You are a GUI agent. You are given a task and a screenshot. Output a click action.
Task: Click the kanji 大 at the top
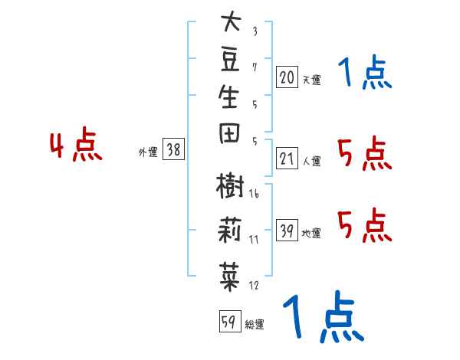[231, 21]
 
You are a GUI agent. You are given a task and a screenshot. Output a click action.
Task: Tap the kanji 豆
[230, 59]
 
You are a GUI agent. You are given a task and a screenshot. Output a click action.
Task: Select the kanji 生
[229, 97]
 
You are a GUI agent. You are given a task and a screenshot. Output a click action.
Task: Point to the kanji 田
[229, 133]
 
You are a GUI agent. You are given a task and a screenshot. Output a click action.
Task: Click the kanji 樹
[230, 186]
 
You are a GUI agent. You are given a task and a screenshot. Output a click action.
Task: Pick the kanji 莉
[229, 230]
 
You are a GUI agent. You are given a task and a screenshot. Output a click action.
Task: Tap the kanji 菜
[229, 277]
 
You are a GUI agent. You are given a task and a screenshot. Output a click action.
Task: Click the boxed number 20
[287, 77]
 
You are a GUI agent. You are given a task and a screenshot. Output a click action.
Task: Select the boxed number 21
[287, 159]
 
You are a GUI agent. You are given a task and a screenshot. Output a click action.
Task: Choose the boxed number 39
[287, 230]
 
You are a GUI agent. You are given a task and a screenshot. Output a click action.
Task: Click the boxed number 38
[173, 149]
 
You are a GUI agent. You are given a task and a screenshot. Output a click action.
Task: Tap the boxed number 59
[230, 321]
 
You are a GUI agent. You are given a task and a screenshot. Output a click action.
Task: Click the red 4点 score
[76, 144]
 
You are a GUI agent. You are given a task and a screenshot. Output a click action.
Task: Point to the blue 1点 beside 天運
[365, 72]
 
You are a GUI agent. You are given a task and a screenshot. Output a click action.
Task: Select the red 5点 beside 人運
[365, 153]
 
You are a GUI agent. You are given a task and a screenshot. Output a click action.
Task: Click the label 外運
[148, 152]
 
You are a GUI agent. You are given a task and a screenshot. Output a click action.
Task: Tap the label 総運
[255, 325]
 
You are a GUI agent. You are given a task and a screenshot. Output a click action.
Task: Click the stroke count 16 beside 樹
[254, 194]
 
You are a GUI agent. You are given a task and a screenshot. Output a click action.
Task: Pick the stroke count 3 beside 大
[255, 31]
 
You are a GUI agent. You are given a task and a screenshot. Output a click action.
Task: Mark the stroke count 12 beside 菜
[254, 285]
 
